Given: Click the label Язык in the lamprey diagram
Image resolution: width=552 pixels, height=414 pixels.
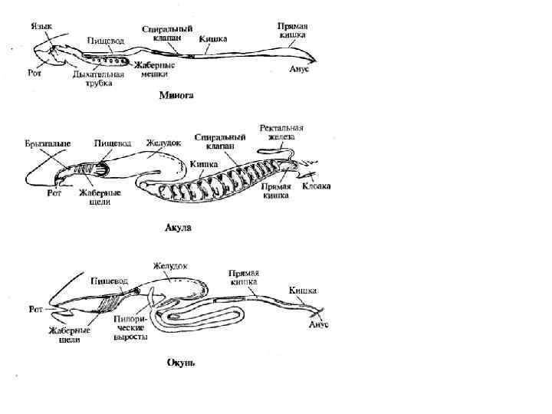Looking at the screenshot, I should pos(41,25).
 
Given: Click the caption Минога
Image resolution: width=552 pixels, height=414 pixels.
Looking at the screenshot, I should pos(176,96).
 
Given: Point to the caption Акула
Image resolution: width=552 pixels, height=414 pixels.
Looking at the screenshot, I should pos(179,228).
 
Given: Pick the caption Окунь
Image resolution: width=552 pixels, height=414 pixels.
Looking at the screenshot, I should pos(181,362).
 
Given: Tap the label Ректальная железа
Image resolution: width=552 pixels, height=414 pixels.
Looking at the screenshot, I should pos(282,132).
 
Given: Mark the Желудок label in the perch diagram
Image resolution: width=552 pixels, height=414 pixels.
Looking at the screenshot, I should pos(170,266).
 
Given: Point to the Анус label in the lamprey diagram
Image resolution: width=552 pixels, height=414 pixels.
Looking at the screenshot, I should pos(299,69).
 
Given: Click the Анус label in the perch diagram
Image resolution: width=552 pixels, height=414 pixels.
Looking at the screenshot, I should pos(319,326).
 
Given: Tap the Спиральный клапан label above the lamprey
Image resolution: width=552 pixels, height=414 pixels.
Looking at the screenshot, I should pos(166,33).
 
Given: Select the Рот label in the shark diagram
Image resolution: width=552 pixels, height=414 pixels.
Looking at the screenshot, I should pos(48,192).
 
